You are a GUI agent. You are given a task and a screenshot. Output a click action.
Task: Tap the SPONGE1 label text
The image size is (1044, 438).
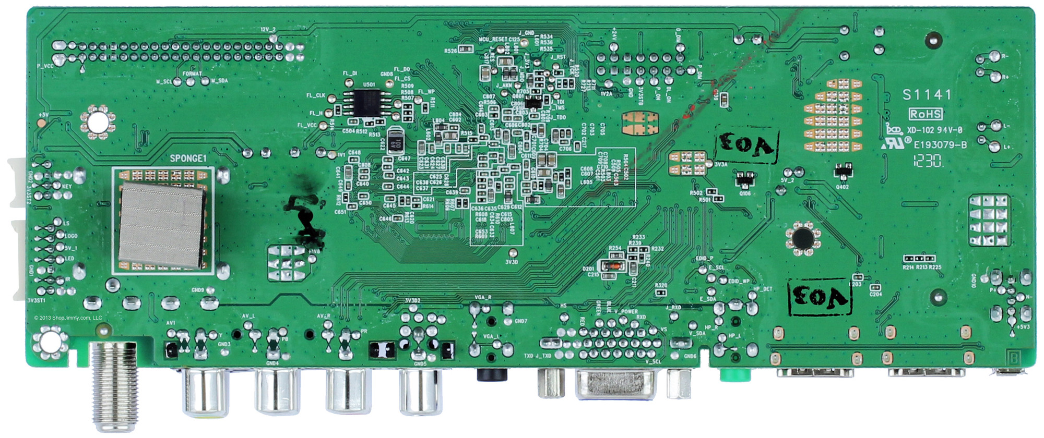pyautogui.click(x=188, y=159)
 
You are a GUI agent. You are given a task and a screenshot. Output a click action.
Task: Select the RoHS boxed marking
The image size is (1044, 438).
pyautogui.click(x=926, y=114)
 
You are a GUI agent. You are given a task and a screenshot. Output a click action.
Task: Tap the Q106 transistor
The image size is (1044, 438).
pyautogui.click(x=745, y=179)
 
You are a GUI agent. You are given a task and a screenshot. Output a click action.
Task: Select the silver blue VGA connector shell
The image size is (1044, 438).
pyautogui.click(x=615, y=386)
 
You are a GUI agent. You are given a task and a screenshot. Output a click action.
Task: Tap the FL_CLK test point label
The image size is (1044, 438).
pyautogui.click(x=316, y=96)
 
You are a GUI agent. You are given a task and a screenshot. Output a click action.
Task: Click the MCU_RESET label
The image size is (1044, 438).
pyautogui.click(x=492, y=40)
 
